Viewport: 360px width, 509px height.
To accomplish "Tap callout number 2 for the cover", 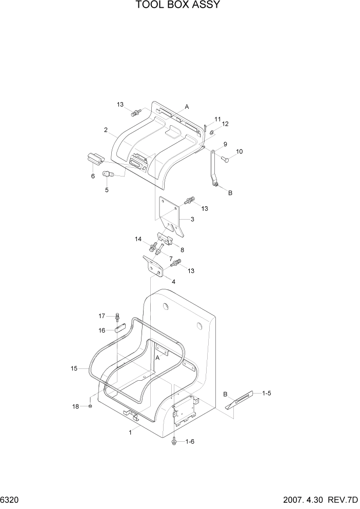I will click(106, 130).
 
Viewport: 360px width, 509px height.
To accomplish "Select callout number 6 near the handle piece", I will click(93, 176).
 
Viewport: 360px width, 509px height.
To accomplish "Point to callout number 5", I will click(107, 190).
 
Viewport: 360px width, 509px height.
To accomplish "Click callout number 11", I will click(217, 119).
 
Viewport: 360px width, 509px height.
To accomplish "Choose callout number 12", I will click(225, 124).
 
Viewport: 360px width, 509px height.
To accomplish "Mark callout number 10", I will click(239, 151).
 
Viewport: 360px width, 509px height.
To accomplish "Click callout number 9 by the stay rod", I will click(225, 144).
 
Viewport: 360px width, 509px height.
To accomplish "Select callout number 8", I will click(182, 250).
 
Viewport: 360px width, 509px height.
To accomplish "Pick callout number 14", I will click(138, 239).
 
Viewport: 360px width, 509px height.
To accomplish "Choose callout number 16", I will click(102, 330).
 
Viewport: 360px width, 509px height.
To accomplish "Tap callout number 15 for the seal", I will click(74, 368).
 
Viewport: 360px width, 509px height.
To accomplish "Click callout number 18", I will click(75, 406).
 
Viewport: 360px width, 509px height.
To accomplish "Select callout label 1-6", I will click(189, 441).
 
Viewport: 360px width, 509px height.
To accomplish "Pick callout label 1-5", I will click(267, 393).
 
